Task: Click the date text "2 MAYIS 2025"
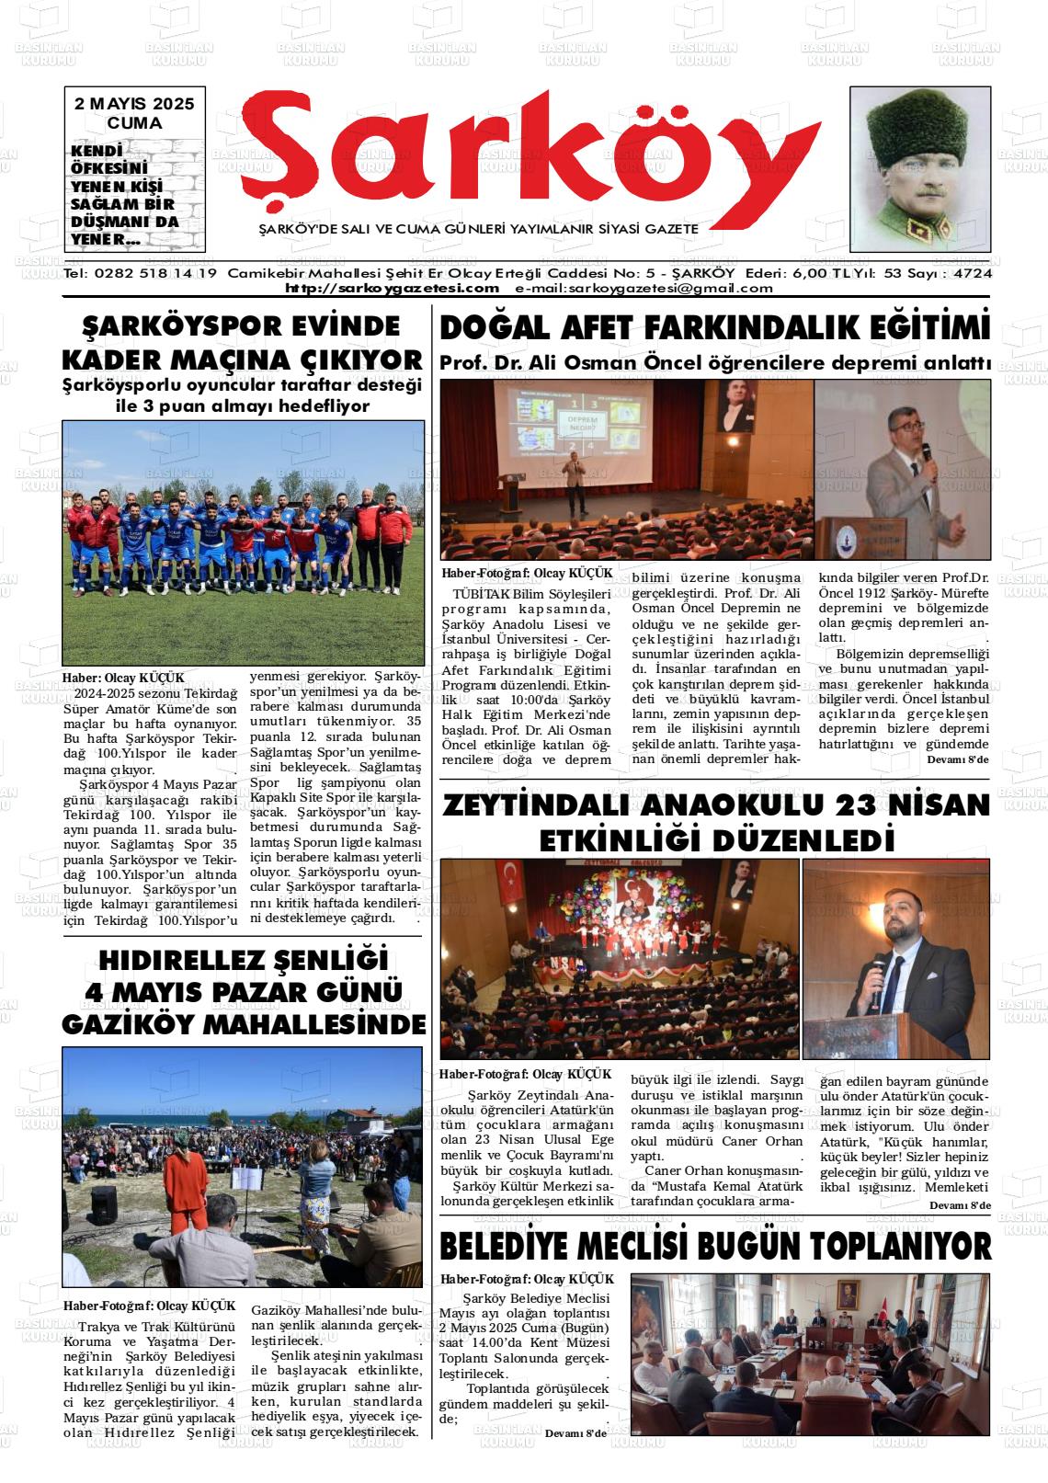134,104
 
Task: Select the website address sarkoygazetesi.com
392,288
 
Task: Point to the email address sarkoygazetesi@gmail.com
644,288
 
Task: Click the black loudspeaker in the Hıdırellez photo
103,1198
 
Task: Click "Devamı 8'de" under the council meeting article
575,1432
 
